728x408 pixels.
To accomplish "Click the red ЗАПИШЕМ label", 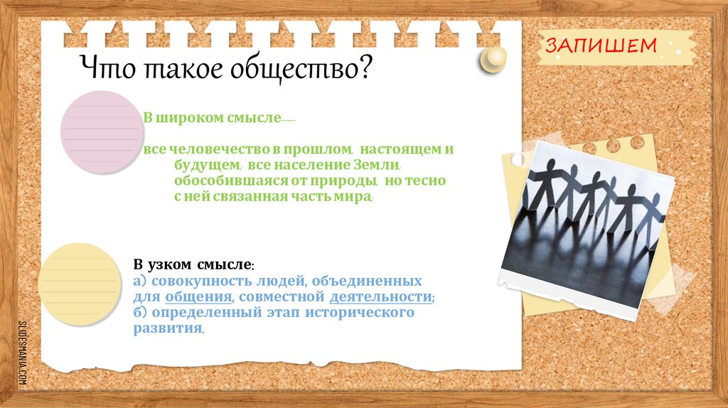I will (x=600, y=46).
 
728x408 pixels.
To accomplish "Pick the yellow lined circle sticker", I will (x=77, y=283).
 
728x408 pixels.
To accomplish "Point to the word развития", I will (x=167, y=328).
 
